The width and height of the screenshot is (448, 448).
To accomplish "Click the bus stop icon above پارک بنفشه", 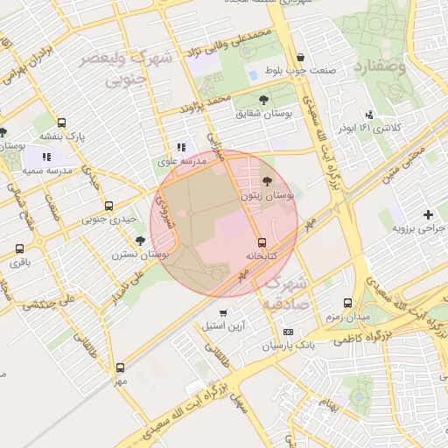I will coord(61,123).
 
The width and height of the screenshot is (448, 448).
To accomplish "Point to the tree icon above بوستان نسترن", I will coord(140,241).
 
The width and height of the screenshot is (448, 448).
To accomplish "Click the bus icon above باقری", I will coord(20,248).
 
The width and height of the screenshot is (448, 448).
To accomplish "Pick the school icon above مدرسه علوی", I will coord(181,148).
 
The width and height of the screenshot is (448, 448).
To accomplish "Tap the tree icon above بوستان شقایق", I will coord(264,101).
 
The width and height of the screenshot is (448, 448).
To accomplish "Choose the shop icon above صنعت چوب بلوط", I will coord(300,57).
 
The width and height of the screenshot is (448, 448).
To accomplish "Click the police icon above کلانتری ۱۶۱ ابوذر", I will coord(370,114).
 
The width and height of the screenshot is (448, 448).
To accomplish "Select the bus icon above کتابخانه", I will coord(262,242).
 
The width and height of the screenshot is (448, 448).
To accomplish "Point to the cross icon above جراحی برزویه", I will coord(428,214).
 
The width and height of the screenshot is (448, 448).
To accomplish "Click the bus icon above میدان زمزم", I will coord(348,302).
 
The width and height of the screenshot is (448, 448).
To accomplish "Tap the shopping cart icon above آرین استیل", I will coord(223,312).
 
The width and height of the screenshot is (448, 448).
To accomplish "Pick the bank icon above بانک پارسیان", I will coord(288,332).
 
